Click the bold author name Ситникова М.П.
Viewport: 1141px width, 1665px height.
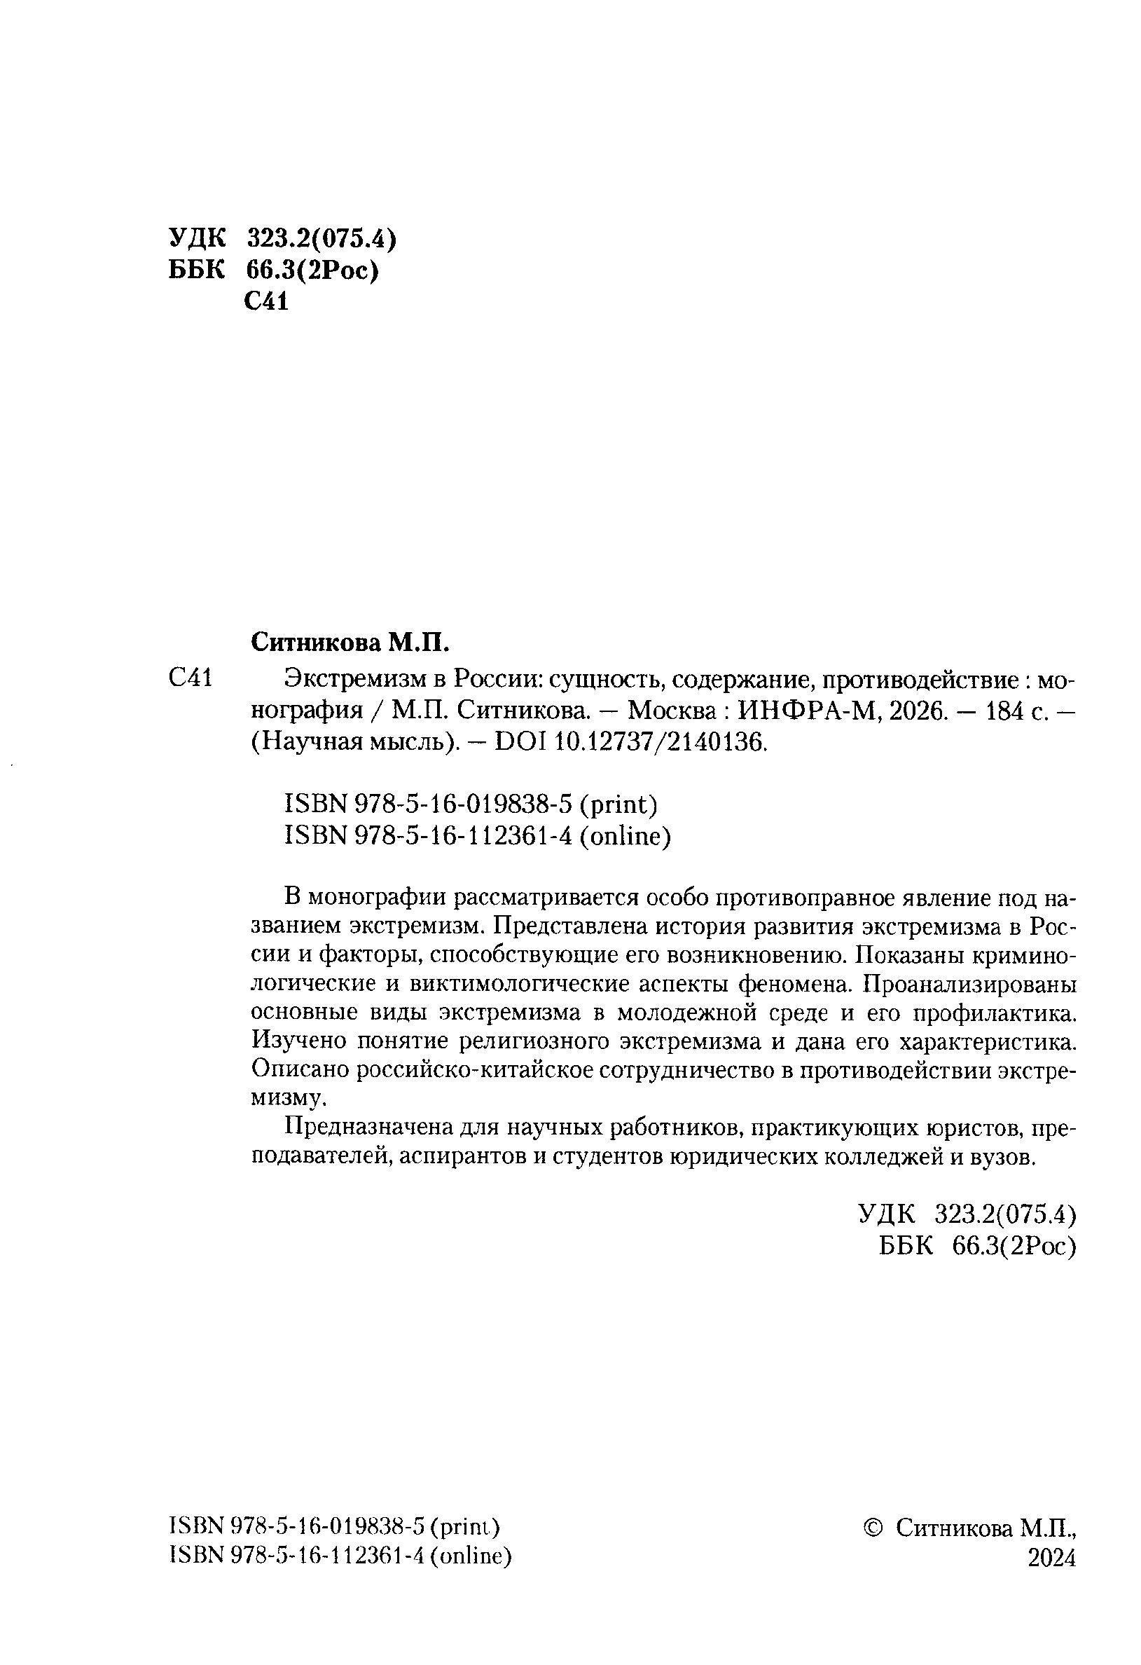click(x=349, y=643)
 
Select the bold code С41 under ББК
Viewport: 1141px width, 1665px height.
click(x=265, y=302)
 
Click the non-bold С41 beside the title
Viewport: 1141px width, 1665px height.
click(x=191, y=678)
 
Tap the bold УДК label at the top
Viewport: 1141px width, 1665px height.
click(x=197, y=238)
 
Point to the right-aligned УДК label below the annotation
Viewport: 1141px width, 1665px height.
click(x=886, y=1214)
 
